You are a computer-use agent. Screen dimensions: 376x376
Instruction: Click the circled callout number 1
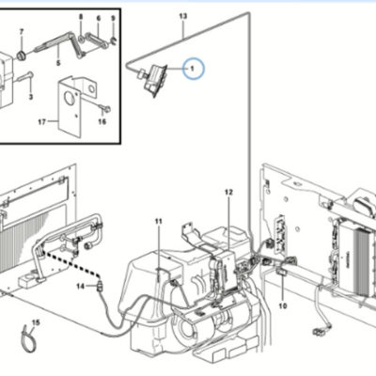(x=193, y=69)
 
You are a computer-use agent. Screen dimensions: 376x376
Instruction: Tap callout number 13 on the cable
(x=183, y=16)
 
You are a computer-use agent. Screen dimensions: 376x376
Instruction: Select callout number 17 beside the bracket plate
(x=42, y=122)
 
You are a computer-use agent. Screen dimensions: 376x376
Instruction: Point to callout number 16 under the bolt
(x=102, y=121)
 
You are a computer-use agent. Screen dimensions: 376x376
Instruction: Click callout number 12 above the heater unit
(x=229, y=192)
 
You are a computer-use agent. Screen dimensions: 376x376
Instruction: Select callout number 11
(x=159, y=222)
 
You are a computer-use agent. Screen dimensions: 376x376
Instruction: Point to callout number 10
(x=283, y=305)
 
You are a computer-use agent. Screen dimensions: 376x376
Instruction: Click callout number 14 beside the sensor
(x=81, y=287)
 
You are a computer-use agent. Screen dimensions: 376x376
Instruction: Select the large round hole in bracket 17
(x=68, y=98)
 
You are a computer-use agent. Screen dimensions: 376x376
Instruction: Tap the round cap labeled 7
(x=22, y=55)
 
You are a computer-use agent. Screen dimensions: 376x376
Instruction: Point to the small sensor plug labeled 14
(x=101, y=286)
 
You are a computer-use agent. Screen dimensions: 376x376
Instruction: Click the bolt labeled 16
(x=105, y=108)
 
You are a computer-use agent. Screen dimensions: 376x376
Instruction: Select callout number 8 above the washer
(x=81, y=17)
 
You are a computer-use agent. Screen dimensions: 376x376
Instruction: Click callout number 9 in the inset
(x=113, y=19)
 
